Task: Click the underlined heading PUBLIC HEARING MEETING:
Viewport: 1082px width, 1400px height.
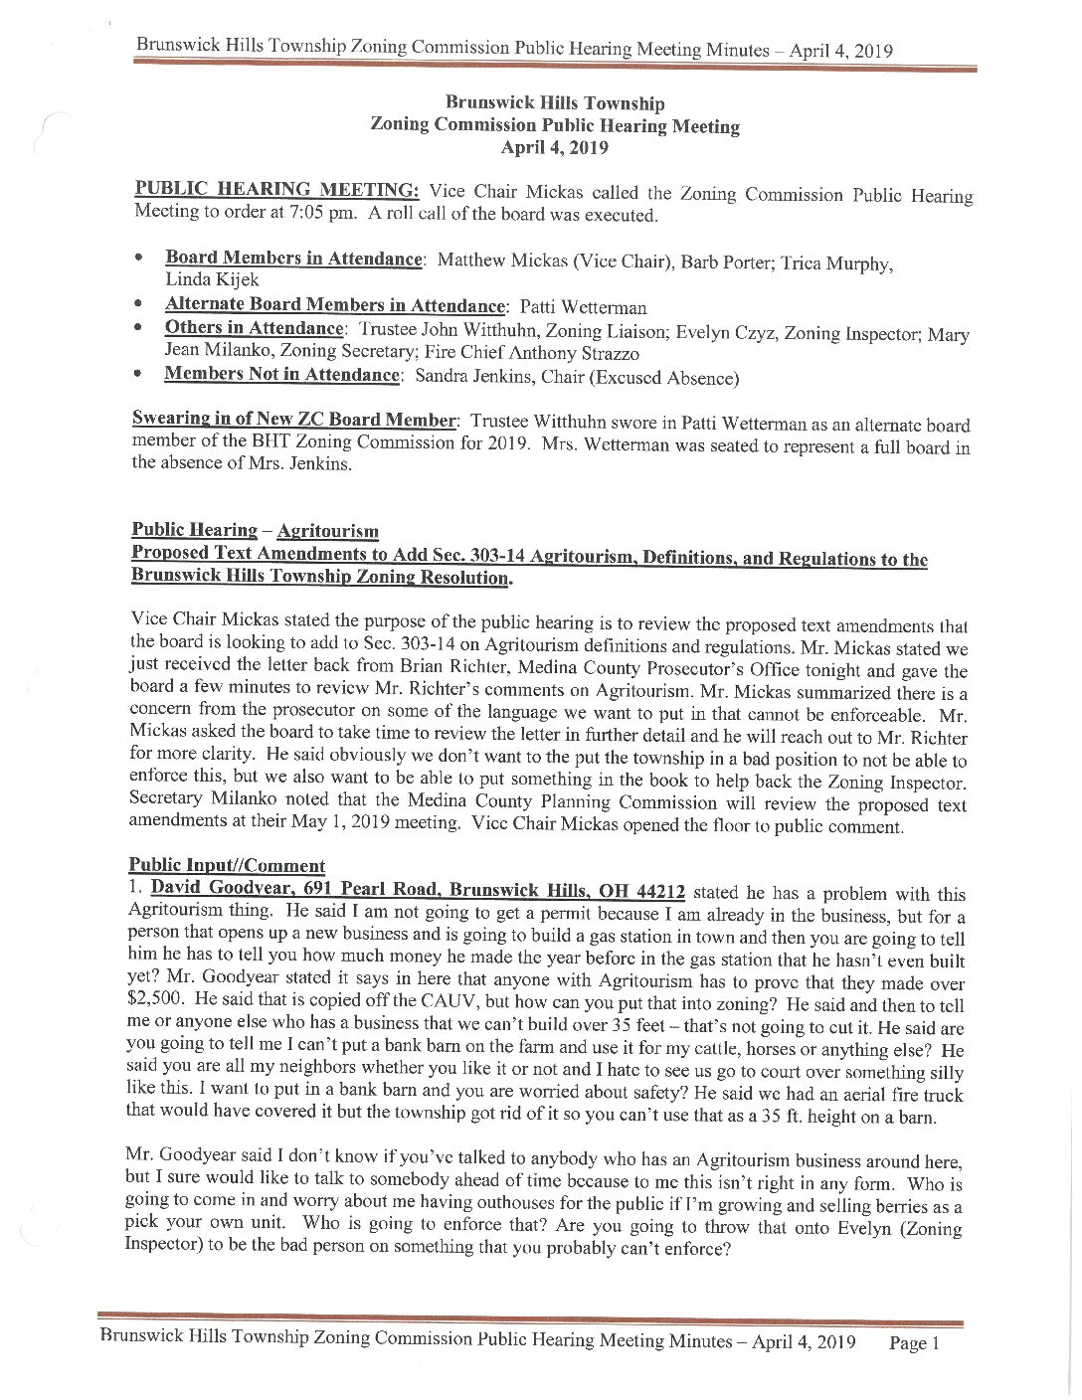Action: pyautogui.click(x=276, y=190)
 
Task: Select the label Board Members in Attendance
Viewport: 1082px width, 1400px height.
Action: pyautogui.click(x=293, y=259)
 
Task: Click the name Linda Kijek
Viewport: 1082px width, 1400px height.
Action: pyautogui.click(x=211, y=280)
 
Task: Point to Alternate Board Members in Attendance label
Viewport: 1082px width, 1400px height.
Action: pyautogui.click(x=334, y=305)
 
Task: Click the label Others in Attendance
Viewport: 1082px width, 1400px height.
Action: pyautogui.click(x=254, y=328)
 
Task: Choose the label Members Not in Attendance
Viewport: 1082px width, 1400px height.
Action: pyautogui.click(x=281, y=375)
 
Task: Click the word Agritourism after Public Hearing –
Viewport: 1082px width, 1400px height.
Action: pyautogui.click(x=327, y=532)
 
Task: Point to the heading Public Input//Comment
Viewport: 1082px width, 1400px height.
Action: pyautogui.click(x=227, y=866)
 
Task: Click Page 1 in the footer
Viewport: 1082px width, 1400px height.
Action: pyautogui.click(x=914, y=1343)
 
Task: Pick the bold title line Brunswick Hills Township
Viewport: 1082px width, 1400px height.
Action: pyautogui.click(x=555, y=103)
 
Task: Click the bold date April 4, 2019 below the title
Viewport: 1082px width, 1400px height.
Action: pyautogui.click(x=554, y=148)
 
